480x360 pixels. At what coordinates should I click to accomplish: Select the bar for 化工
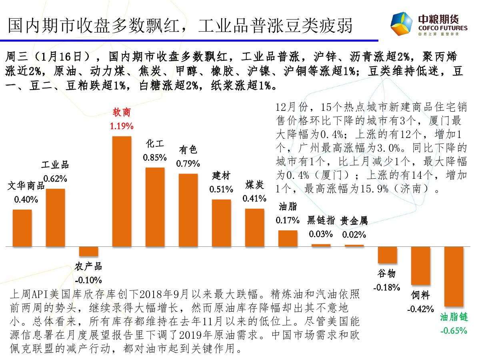tap(155, 207)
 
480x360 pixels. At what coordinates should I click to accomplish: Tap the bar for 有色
tap(188, 210)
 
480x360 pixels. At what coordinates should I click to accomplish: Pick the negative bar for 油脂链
tap(454, 276)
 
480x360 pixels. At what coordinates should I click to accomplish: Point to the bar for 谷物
tap(387, 255)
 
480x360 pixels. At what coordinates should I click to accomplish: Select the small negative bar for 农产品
tap(88, 251)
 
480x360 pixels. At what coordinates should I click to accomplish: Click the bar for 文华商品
tap(22, 228)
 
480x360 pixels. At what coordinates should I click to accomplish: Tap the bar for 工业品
tap(55, 217)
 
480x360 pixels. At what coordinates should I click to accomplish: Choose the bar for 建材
tap(221, 222)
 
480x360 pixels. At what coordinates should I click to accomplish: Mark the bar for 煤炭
tap(254, 227)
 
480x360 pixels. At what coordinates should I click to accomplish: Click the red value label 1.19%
tap(122, 126)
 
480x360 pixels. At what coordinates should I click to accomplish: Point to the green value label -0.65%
tap(454, 331)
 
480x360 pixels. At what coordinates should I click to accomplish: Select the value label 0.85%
tap(155, 158)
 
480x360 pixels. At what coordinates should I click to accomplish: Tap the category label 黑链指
tap(321, 220)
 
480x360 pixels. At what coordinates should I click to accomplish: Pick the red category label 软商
tap(122, 112)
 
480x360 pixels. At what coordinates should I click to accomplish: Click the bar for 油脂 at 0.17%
tap(288, 238)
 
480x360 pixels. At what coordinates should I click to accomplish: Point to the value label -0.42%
tap(420, 309)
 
